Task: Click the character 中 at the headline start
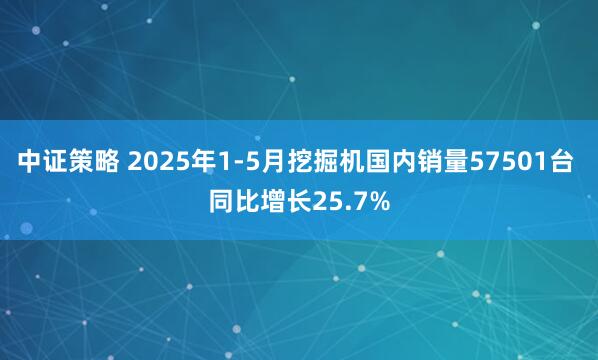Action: click(29, 160)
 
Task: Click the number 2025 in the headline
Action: click(155, 160)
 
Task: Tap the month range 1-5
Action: click(234, 160)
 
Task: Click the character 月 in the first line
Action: click(271, 160)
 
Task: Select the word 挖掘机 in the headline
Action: click(322, 160)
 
